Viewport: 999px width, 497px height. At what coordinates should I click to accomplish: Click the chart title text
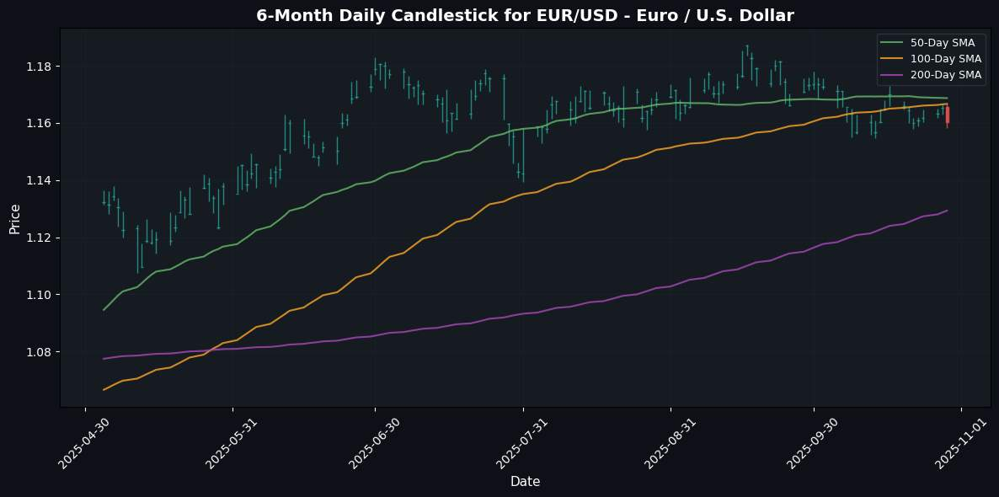pyautogui.click(x=525, y=15)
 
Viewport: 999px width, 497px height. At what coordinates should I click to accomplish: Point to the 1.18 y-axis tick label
pyautogui.click(x=39, y=67)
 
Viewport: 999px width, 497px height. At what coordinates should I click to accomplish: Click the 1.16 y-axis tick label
pyautogui.click(x=39, y=124)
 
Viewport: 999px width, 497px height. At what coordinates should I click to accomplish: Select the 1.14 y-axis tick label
pyautogui.click(x=39, y=181)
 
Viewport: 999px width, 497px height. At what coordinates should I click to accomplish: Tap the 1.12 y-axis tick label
pyautogui.click(x=39, y=238)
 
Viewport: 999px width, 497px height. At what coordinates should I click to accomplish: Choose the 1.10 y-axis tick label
pyautogui.click(x=39, y=295)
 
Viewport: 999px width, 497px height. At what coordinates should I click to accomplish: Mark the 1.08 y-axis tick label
pyautogui.click(x=39, y=352)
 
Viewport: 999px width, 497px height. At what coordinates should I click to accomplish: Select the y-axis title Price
pyautogui.click(x=14, y=217)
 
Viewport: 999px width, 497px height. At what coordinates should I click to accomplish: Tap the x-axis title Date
pyautogui.click(x=525, y=482)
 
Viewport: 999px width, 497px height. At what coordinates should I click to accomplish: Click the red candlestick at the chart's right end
pyautogui.click(x=947, y=115)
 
